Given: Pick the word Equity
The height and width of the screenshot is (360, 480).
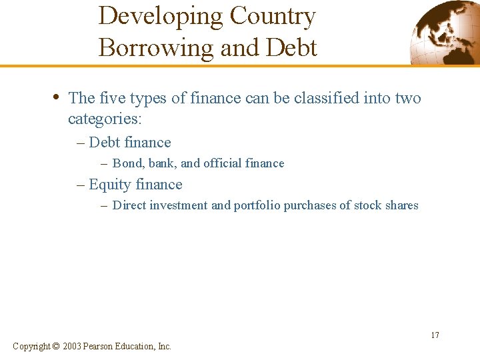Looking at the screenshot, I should pos(109,185).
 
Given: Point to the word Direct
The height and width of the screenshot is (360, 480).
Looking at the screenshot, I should pos(129,205).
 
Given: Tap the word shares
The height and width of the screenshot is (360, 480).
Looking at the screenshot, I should pos(401,205).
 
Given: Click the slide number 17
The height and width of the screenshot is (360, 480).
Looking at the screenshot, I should pos(435,335).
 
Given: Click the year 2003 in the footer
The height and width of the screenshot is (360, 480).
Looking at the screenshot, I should pos(73,346).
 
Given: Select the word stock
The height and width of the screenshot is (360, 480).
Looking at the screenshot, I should pos(367,205).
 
